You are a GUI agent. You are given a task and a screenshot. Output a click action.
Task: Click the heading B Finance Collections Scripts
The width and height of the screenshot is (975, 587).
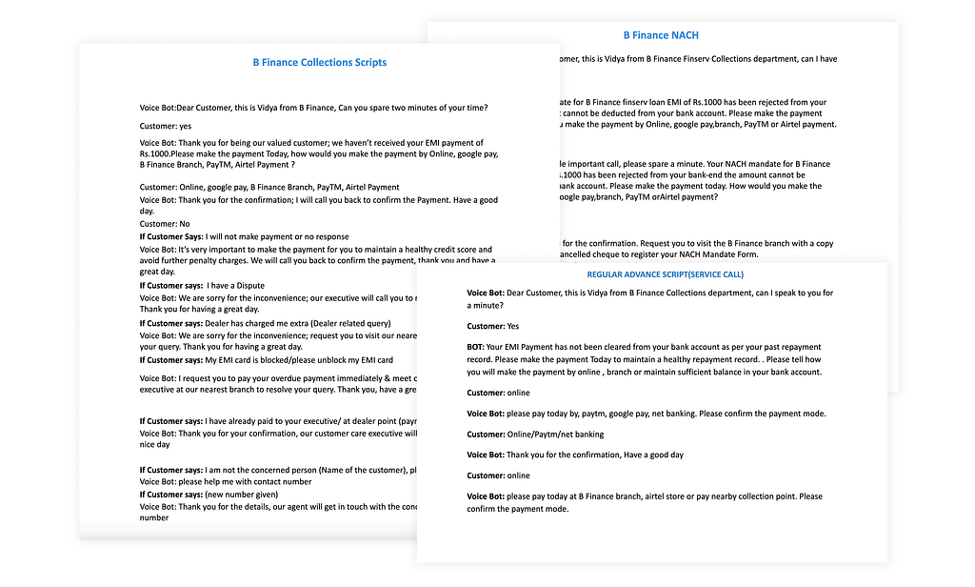319,63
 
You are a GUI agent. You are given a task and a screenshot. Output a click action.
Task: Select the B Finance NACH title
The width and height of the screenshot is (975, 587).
661,35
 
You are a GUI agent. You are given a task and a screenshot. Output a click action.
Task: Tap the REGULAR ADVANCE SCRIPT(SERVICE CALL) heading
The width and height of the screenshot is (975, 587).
652,274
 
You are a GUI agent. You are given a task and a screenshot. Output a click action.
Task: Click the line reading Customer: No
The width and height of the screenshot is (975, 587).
164,224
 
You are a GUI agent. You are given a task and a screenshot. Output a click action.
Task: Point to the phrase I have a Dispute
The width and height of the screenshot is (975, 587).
235,286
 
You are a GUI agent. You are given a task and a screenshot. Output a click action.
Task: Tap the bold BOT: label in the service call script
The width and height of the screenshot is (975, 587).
475,347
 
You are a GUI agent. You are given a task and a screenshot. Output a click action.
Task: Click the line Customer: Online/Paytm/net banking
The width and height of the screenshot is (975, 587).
535,435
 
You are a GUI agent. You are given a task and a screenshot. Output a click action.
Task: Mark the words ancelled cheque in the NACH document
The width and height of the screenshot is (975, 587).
582,255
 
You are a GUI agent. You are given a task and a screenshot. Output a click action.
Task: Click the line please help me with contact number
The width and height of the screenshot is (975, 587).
226,482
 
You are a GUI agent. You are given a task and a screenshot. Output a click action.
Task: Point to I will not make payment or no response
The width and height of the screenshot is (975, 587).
277,236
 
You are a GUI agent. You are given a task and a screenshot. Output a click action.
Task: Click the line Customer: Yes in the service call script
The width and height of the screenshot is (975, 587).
493,326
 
